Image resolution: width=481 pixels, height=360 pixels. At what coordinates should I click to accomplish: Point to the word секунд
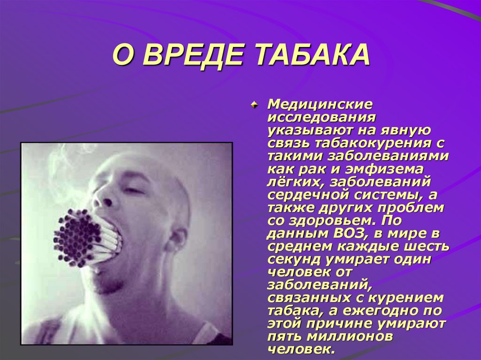tap(292, 259)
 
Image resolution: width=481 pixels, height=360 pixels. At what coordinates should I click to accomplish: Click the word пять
tap(285, 336)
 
